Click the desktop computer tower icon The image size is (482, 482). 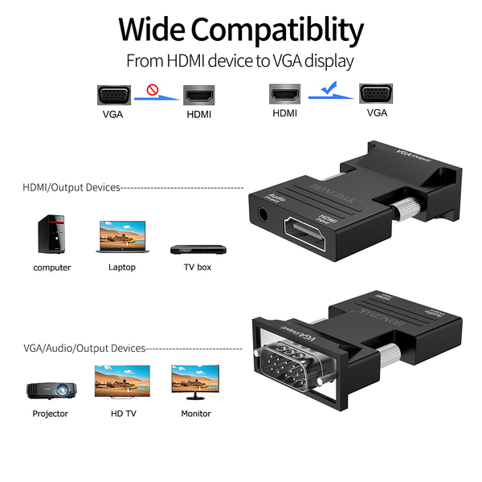point(50,234)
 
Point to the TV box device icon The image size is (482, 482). point(192,247)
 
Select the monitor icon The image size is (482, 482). point(194,383)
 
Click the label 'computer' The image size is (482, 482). point(52,268)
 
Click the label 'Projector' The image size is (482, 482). point(50,414)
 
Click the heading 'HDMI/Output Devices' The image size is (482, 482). point(71,187)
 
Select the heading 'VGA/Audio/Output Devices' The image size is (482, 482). point(84,349)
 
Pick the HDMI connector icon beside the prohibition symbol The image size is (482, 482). point(198,96)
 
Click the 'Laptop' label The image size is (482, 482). point(122,268)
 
